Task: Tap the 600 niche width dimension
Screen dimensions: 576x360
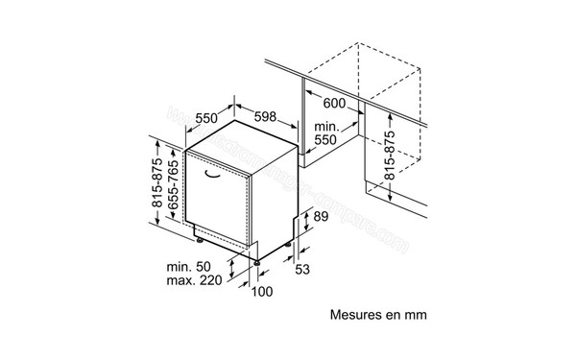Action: [333, 103]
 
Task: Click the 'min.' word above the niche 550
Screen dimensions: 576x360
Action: [327, 125]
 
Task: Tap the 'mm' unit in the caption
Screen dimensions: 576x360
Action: [414, 314]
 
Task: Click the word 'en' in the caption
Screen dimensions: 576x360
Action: [393, 314]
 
